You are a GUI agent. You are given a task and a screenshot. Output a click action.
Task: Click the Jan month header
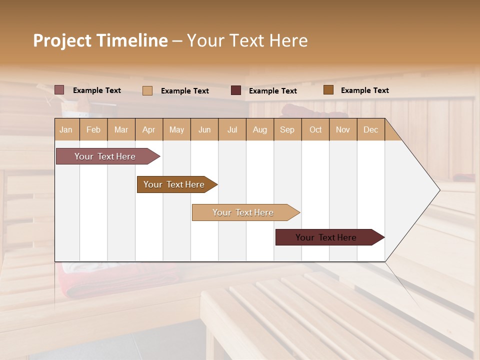66,129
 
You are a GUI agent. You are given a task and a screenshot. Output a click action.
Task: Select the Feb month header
93,129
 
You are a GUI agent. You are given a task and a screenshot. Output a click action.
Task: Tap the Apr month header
148,129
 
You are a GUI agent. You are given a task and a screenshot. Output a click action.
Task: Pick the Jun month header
204,129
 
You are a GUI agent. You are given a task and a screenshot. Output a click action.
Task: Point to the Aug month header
259,129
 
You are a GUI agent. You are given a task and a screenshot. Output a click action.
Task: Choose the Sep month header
287,129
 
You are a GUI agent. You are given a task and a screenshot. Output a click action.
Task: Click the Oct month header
315,129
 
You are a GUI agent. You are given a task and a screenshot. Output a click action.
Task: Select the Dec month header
370,129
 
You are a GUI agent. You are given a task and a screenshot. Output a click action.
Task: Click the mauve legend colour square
59,90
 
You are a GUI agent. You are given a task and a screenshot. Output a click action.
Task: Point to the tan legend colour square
147,90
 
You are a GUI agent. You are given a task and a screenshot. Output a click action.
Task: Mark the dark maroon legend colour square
236,90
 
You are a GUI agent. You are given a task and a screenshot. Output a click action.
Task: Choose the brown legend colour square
328,90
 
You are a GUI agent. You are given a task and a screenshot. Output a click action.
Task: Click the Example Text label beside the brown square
364,90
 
